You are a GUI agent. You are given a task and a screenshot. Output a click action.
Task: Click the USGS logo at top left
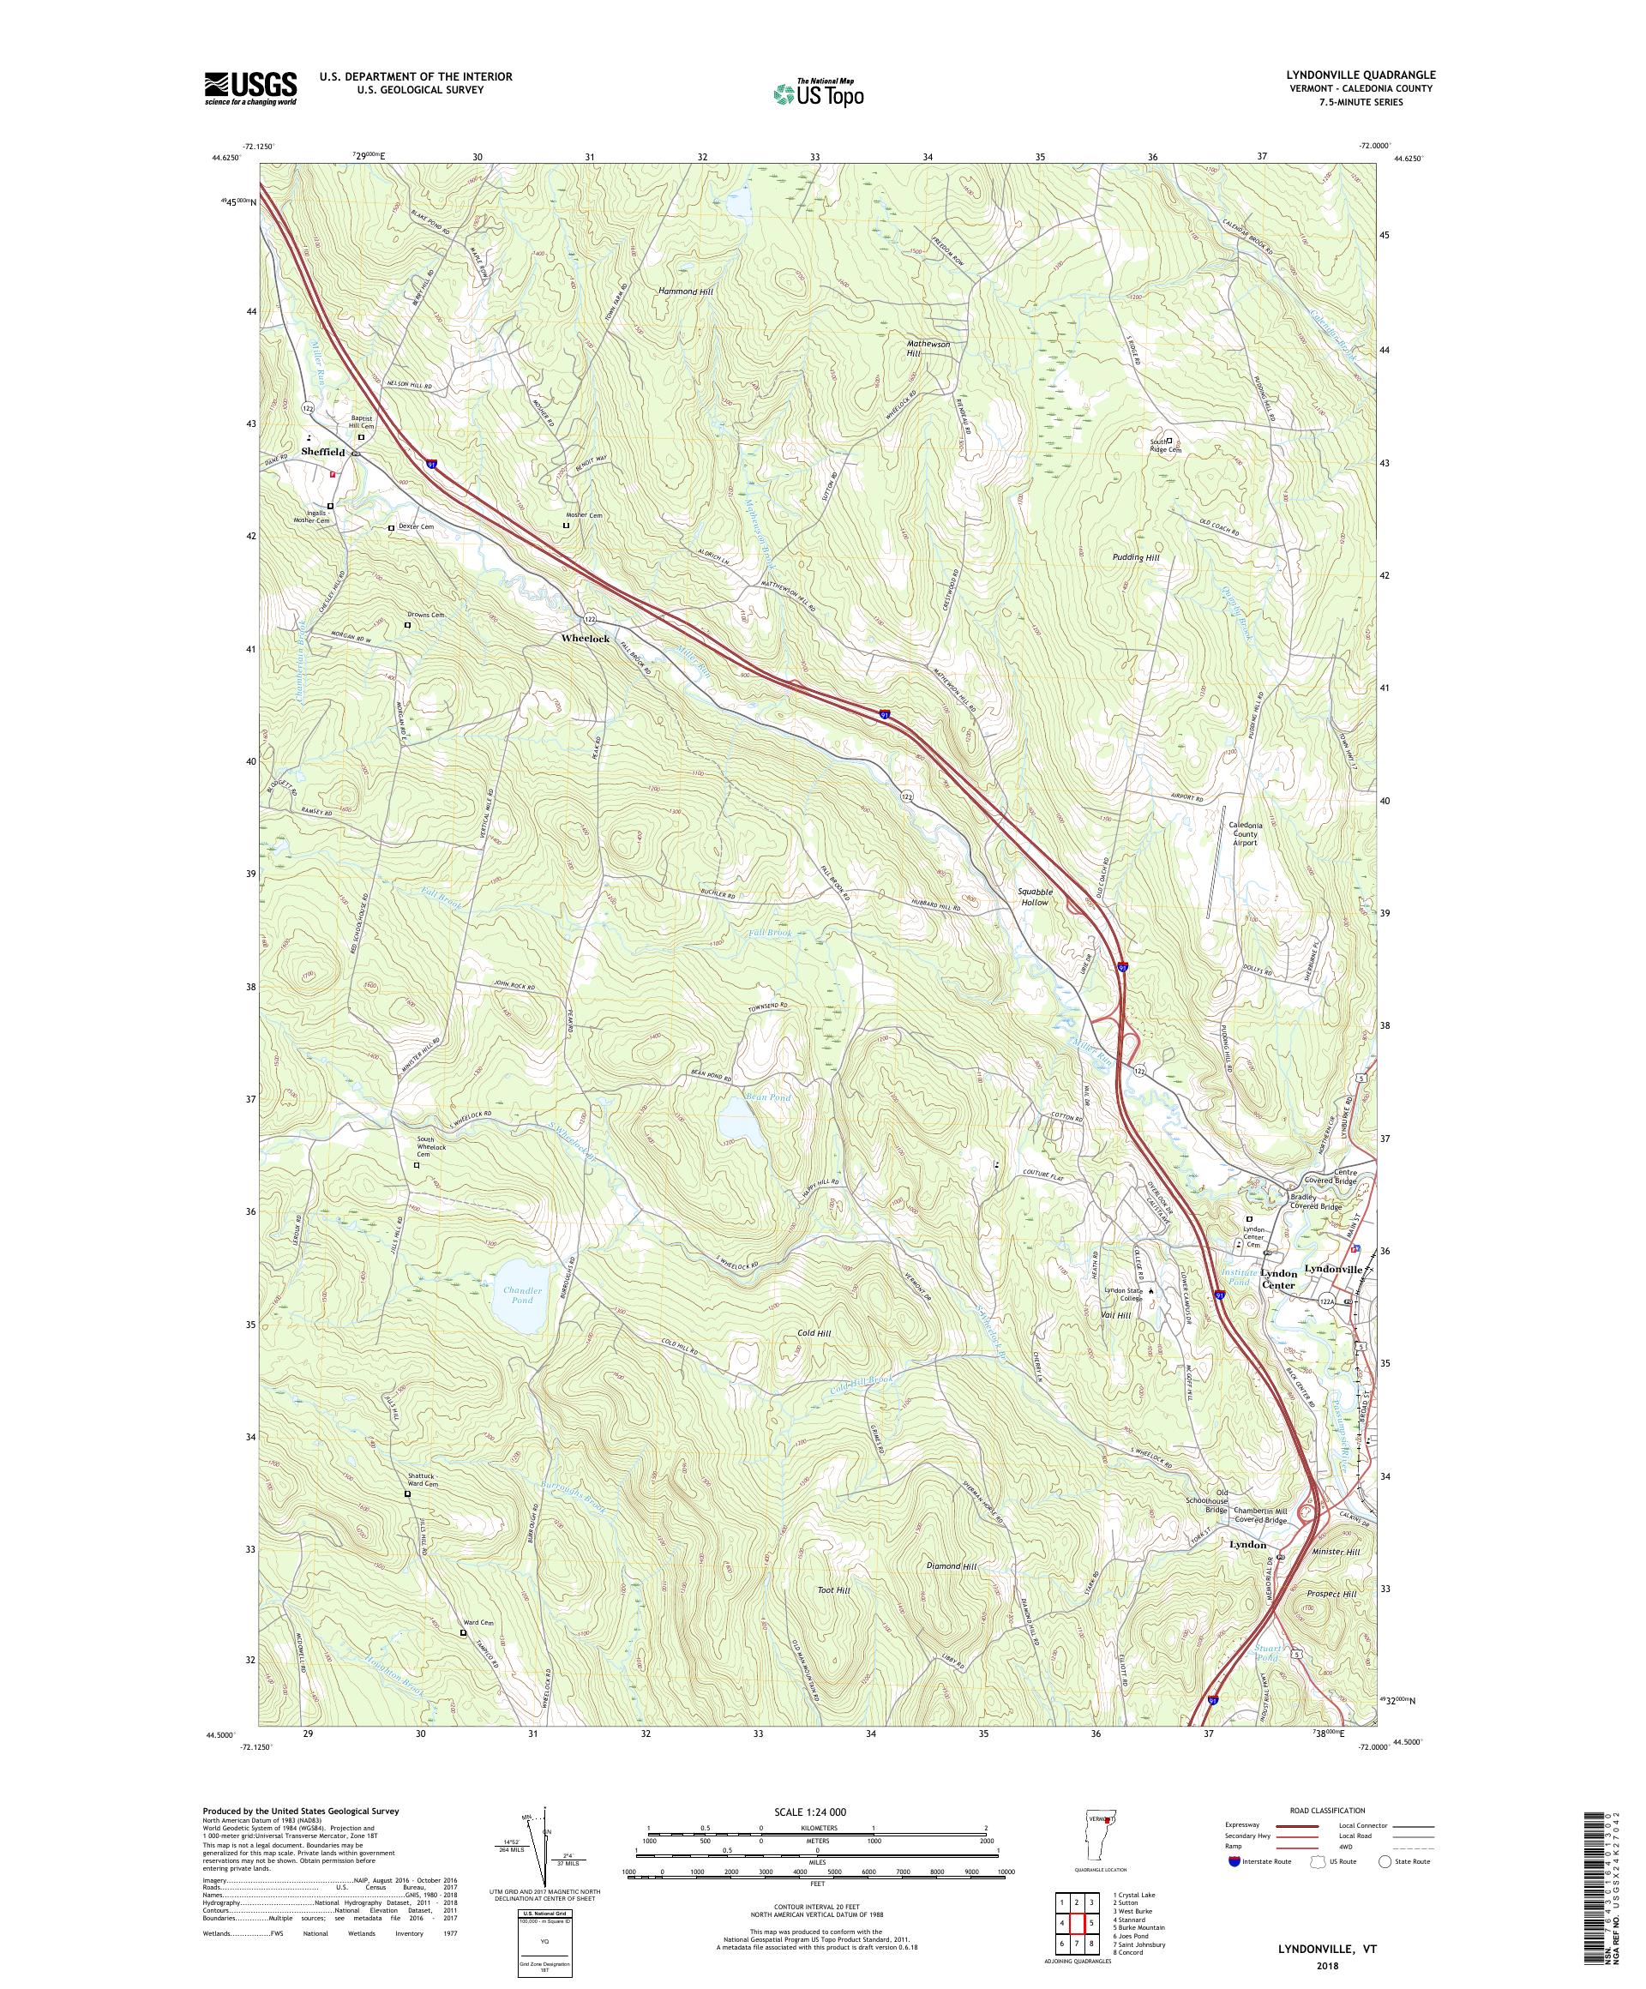[250, 88]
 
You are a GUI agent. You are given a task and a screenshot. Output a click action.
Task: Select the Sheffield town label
[323, 452]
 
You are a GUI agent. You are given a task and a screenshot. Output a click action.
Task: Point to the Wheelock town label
[586, 640]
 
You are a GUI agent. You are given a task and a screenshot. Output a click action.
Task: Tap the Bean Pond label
[768, 1097]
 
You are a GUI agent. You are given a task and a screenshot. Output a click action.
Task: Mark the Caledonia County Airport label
[1256, 833]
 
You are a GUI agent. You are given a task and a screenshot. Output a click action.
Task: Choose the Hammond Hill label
[685, 291]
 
